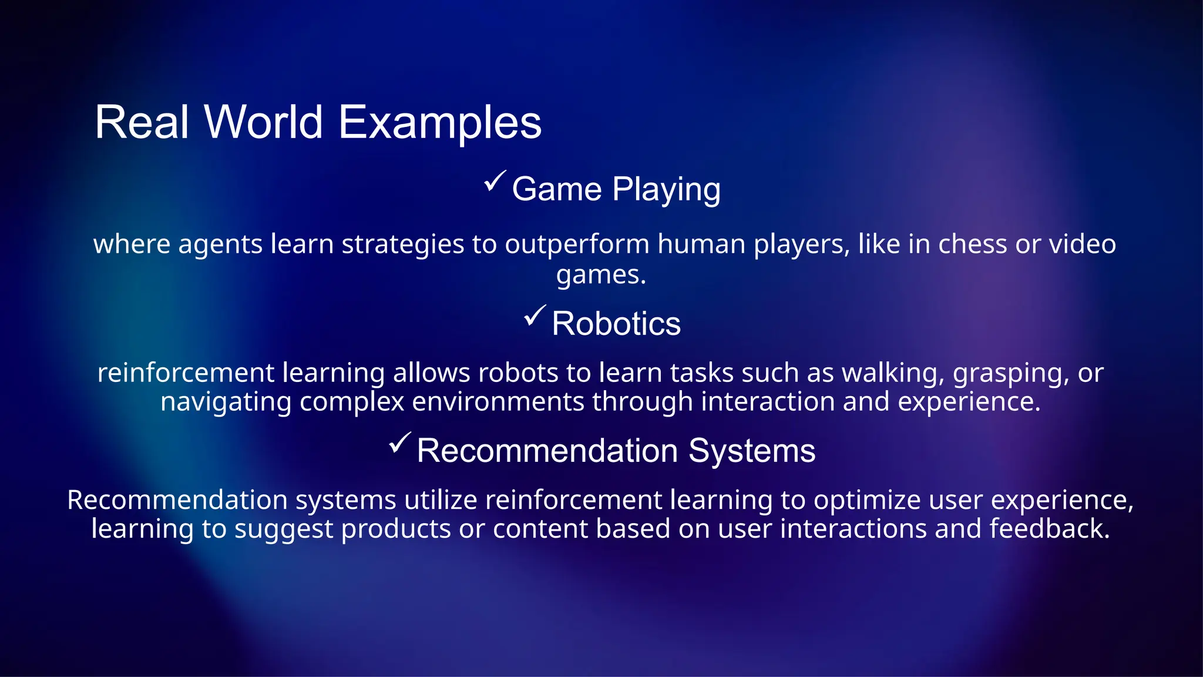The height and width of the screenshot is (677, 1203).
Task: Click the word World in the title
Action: (263, 122)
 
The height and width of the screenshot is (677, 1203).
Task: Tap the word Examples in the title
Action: (440, 122)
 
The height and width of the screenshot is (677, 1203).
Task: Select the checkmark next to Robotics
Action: (535, 316)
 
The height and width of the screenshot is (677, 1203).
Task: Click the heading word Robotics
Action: (616, 324)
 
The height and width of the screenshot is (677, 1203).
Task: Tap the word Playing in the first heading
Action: (666, 189)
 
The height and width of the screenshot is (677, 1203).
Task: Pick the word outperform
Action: (577, 244)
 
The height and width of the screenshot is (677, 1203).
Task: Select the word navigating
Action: (226, 402)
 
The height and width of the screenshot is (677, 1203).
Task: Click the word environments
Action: (498, 402)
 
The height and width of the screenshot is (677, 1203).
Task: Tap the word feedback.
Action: (1049, 528)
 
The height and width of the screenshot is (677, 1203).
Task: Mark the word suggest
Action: (283, 528)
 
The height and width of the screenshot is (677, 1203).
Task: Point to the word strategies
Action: (402, 244)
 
